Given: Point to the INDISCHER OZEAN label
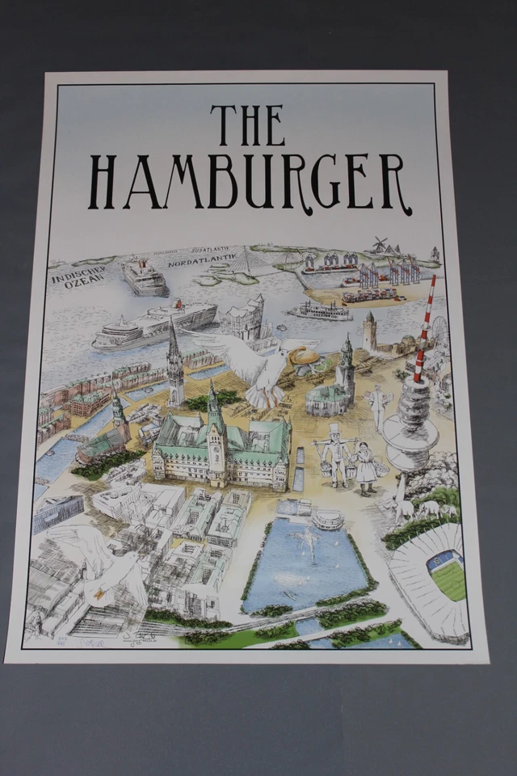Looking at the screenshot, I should (78, 275).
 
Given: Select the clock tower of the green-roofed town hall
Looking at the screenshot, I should (216, 436).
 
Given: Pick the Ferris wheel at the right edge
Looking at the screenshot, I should (439, 330).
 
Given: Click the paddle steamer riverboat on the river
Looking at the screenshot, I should (320, 310).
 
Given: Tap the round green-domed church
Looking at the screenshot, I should (328, 397).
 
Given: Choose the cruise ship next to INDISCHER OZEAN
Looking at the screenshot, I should (144, 277).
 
